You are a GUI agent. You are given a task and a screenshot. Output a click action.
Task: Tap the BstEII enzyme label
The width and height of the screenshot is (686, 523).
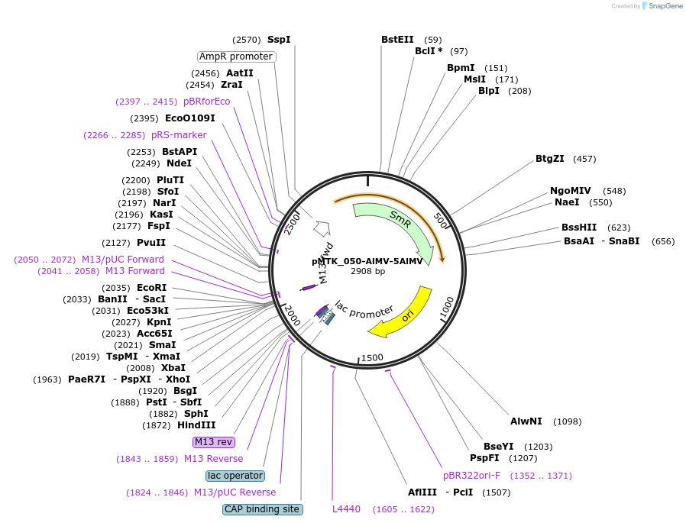point(397,40)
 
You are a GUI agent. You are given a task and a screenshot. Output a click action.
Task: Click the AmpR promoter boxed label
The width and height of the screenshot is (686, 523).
point(236,56)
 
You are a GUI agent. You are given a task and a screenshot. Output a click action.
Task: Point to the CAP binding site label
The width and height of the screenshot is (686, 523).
point(263,509)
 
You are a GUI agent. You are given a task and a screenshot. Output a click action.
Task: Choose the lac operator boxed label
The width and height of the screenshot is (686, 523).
point(235,476)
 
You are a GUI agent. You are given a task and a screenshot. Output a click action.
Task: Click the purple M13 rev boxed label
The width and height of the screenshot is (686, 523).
point(213,441)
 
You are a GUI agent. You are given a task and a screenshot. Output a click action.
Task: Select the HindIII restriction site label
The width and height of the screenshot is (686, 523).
point(196,425)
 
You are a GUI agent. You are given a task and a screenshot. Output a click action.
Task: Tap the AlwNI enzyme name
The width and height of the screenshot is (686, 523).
point(526,421)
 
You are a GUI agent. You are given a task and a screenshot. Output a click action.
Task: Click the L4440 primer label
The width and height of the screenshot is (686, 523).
point(346,509)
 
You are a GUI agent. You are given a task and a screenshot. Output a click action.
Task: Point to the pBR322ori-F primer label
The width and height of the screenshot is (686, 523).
point(471,476)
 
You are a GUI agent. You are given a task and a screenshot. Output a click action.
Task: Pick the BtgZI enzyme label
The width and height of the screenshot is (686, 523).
point(550,159)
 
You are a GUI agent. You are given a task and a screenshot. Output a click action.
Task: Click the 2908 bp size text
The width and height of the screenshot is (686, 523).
point(367,271)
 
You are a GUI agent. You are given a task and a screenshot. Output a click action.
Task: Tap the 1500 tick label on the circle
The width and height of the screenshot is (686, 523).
point(372,358)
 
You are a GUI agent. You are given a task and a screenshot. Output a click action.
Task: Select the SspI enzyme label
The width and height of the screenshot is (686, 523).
point(279,40)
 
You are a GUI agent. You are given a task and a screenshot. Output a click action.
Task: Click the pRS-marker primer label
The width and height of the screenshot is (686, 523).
point(179,134)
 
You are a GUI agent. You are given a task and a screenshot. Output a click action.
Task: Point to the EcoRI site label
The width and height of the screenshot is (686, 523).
point(152,288)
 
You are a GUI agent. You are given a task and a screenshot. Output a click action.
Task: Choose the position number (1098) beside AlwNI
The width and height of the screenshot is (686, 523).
point(568,421)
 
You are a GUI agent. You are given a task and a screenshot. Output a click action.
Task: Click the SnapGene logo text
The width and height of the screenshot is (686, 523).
point(665,5)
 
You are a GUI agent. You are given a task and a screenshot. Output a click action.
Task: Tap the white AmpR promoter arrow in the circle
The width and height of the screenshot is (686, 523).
point(322,228)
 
